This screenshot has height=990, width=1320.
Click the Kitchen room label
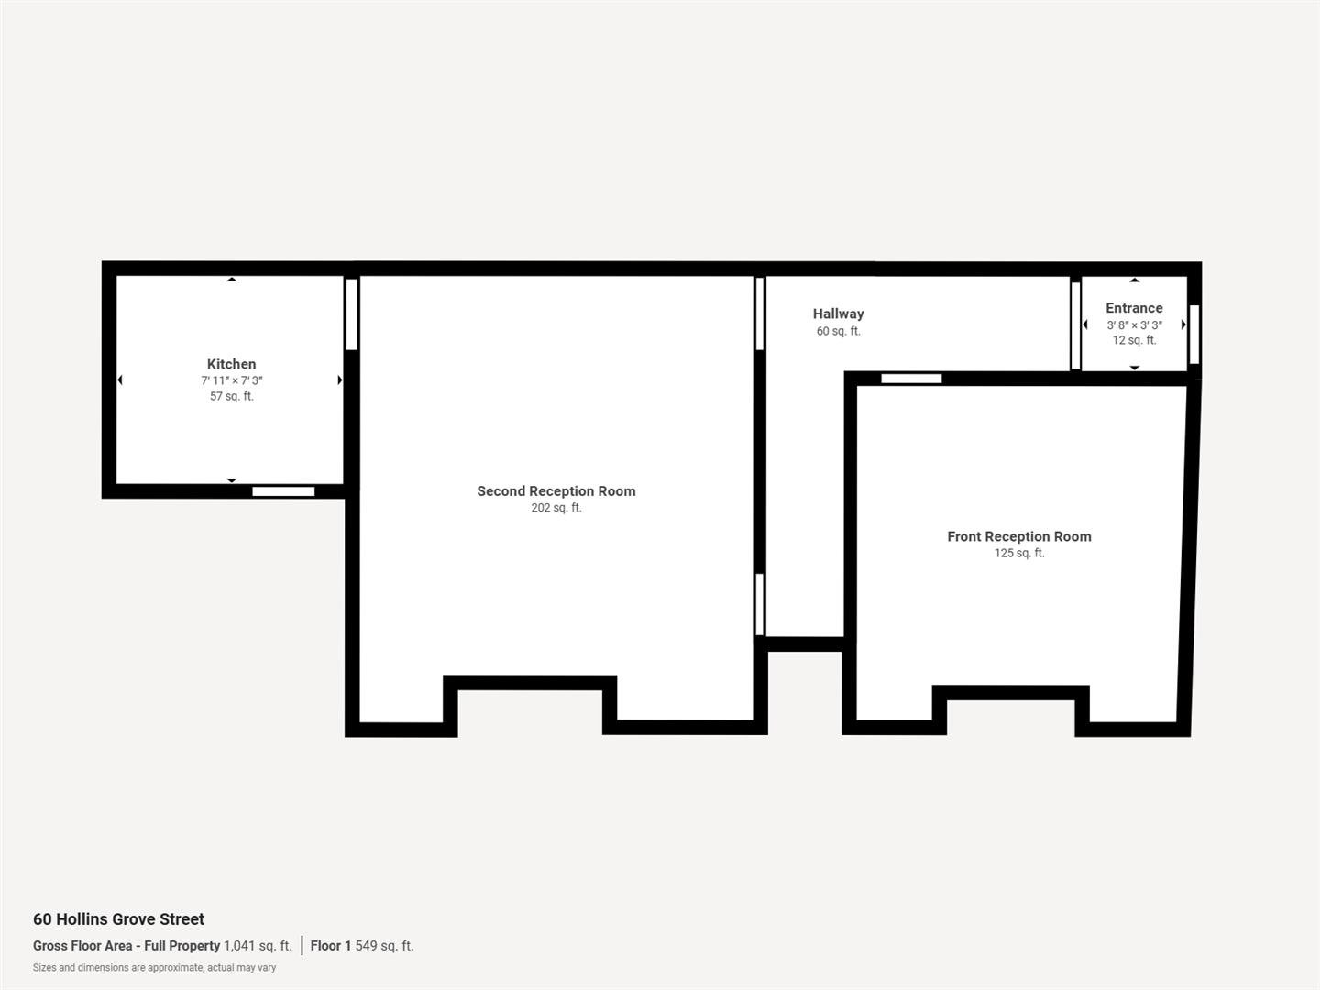pyautogui.click(x=231, y=364)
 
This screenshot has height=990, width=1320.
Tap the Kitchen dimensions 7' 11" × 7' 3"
pyautogui.click(x=232, y=380)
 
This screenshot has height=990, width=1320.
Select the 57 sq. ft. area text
pyautogui.click(x=232, y=396)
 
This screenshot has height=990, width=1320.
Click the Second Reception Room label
pyautogui.click(x=555, y=491)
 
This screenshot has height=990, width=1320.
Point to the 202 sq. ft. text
pyautogui.click(x=555, y=508)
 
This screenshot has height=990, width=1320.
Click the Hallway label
pyautogui.click(x=838, y=313)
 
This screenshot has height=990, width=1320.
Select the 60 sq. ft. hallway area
pyautogui.click(x=838, y=331)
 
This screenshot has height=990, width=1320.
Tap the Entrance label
pyautogui.click(x=1134, y=308)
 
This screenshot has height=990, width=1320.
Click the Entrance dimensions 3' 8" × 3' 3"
pyautogui.click(x=1134, y=324)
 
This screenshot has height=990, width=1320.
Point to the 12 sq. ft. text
pyautogui.click(x=1134, y=340)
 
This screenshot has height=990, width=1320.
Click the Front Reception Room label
pyautogui.click(x=1018, y=536)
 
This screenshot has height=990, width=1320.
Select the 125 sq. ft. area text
pyautogui.click(x=1018, y=553)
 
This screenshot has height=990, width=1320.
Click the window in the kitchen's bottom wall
pyautogui.click(x=283, y=491)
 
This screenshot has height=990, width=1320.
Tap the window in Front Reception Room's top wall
pyautogui.click(x=911, y=379)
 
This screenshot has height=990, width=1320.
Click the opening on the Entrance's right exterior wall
pyautogui.click(x=1193, y=334)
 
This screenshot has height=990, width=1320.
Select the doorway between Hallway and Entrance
pyautogui.click(x=1075, y=324)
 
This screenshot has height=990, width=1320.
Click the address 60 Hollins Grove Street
pyautogui.click(x=118, y=919)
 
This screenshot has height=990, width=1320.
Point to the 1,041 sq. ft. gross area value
pyautogui.click(x=258, y=946)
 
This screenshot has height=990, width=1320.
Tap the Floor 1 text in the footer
pyautogui.click(x=331, y=946)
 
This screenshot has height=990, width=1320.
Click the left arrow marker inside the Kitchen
pyautogui.click(x=120, y=379)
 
